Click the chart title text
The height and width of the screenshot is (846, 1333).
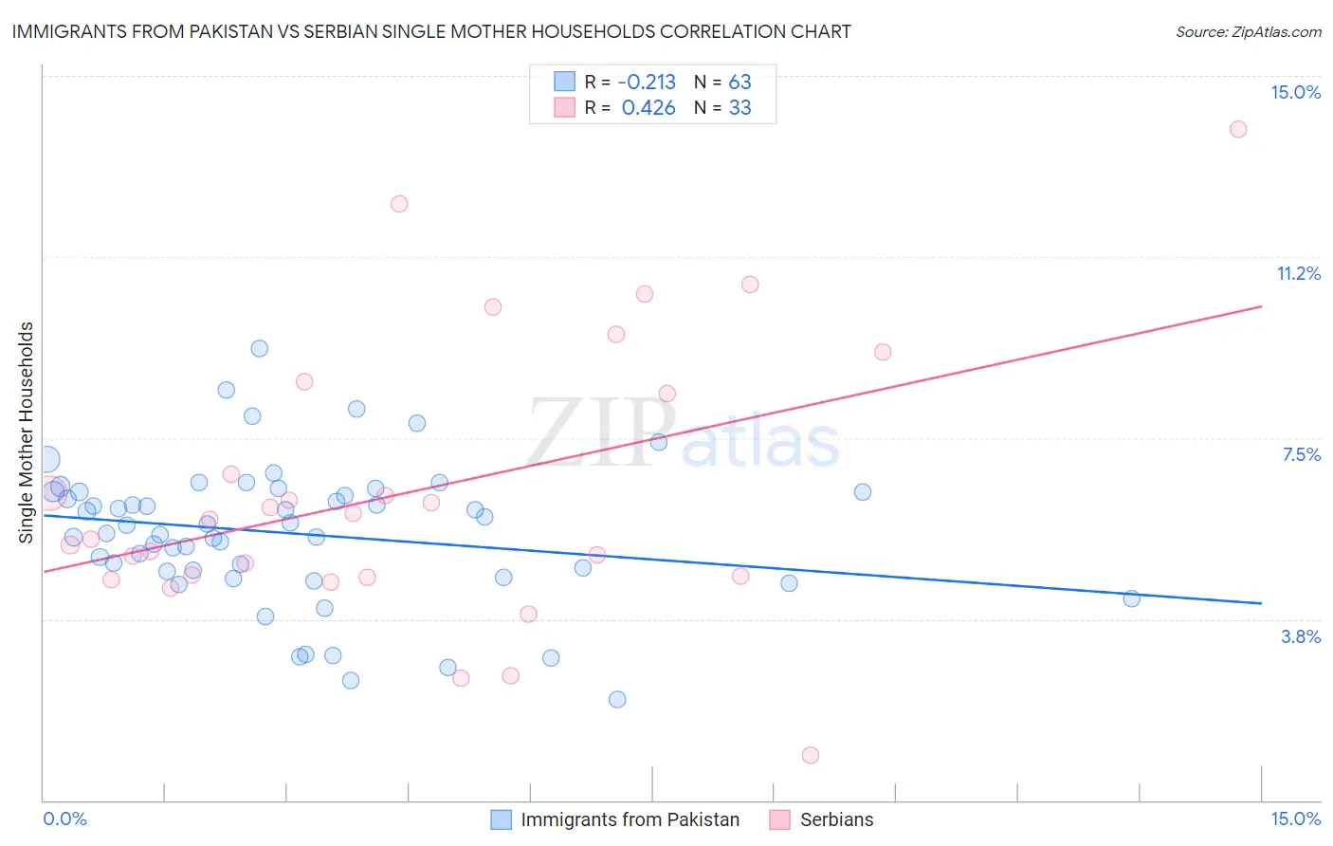coord(431,31)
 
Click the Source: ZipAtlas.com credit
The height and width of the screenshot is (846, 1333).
coord(1248,31)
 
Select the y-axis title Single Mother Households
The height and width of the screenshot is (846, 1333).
coord(27,432)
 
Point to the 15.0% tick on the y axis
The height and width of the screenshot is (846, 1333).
coord(1295,92)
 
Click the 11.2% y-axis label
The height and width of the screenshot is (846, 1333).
coord(1298,274)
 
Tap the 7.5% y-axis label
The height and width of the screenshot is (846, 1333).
coord(1301,455)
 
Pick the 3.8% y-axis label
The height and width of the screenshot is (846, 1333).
coord(1301,636)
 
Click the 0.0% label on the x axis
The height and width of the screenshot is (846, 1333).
coord(64,818)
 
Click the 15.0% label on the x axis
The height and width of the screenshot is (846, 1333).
coord(1295,818)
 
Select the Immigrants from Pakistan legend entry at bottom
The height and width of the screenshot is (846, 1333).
coord(616,819)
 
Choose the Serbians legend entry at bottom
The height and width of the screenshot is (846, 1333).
coord(822,819)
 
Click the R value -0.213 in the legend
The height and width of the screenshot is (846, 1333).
coord(647,83)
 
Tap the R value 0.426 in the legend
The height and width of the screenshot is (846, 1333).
coord(648,108)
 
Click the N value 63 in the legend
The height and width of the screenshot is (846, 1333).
coord(740,83)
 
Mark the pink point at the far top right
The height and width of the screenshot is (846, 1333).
coord(1238,129)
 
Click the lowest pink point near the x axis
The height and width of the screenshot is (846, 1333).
coord(810,755)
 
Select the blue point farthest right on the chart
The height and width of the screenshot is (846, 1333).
coord(1131,598)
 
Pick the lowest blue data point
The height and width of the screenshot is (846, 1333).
coord(617,699)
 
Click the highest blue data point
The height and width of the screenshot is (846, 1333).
coord(259,348)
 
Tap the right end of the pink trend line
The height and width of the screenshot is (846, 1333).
coord(1261,306)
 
